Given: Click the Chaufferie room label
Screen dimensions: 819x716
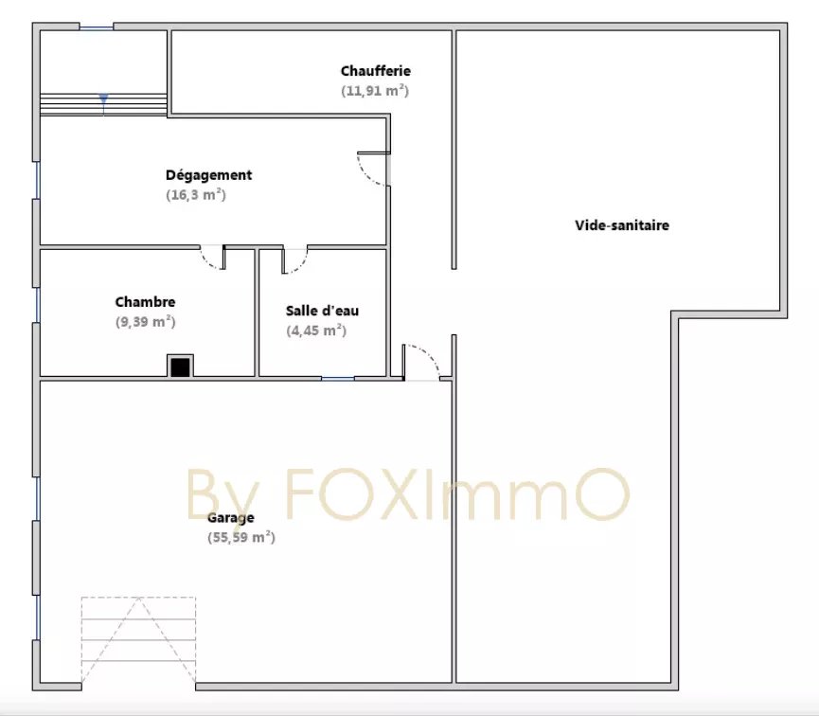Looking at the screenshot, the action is [376, 70].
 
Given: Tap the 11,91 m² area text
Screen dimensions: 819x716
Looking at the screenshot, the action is [375, 90].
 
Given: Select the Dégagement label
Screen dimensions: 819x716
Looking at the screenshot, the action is [209, 175].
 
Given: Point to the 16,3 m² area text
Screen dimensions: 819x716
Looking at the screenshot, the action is [196, 194].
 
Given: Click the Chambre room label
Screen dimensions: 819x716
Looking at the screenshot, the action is [145, 302].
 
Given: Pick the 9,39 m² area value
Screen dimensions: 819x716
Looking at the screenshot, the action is [145, 321].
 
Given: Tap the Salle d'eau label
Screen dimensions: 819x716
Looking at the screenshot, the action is [322, 311].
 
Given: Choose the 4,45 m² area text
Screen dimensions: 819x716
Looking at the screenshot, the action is [316, 331].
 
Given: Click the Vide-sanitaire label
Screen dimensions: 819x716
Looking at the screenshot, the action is [622, 225].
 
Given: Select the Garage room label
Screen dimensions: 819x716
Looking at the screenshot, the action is [231, 518].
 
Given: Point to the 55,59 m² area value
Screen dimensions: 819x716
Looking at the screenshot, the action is [241, 537].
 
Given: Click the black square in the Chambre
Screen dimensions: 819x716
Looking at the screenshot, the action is [180, 367].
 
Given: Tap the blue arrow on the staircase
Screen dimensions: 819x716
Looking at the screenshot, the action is [103, 98].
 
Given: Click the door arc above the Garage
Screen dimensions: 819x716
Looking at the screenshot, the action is [432, 355].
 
